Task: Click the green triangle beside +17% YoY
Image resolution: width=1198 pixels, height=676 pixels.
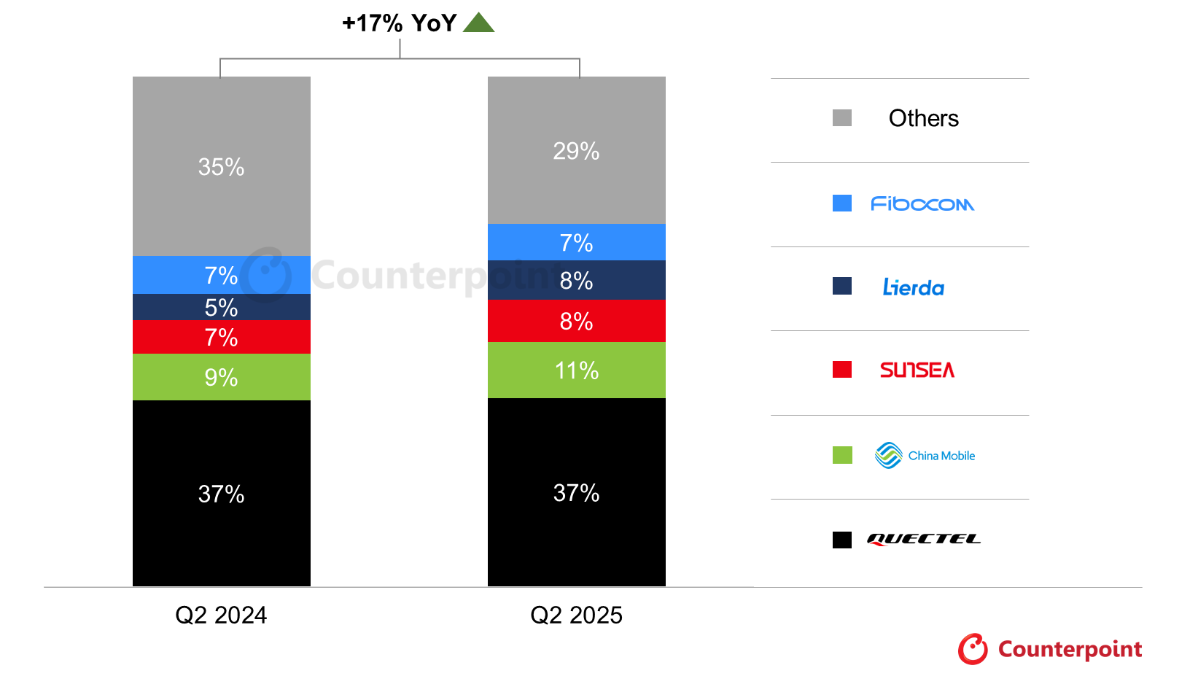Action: coord(478,23)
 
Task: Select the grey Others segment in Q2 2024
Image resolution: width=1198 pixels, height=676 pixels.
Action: coord(221,166)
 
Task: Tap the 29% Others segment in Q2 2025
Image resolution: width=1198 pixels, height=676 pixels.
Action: coord(576,150)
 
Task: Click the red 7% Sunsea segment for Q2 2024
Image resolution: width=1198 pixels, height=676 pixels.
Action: coord(221,337)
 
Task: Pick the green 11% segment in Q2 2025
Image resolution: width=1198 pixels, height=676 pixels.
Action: coord(576,370)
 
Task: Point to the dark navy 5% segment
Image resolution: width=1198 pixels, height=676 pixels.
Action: coord(221,307)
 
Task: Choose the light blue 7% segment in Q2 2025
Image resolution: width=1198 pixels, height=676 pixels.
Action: coord(576,242)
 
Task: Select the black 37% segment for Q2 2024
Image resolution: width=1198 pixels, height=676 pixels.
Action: coord(221,493)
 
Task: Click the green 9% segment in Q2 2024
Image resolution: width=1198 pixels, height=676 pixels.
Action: coord(221,377)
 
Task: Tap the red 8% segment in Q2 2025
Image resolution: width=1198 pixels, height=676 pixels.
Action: coord(576,321)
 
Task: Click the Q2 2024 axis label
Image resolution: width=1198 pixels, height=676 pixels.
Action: coord(221,615)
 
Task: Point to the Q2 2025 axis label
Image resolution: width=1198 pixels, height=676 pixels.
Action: coord(576,615)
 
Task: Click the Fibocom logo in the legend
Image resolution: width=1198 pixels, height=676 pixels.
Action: coord(922,204)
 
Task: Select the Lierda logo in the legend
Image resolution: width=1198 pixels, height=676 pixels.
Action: coord(914,287)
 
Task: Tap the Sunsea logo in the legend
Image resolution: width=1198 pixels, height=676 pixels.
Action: coord(917,370)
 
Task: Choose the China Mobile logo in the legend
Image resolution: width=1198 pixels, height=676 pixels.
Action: coord(925,456)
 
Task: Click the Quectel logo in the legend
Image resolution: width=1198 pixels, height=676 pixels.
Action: coord(923,540)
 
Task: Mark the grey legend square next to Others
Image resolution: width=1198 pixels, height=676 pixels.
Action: coord(842,118)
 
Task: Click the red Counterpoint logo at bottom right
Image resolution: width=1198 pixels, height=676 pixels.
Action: coord(1050,649)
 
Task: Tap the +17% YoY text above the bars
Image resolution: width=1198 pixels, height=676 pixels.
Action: coord(399,23)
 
